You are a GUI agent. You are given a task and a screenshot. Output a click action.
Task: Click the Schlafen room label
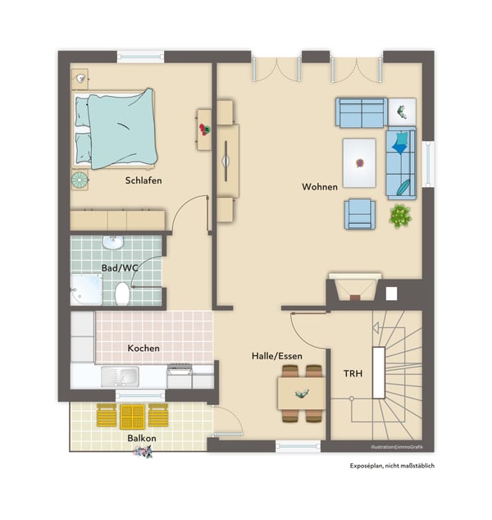coord(143,180)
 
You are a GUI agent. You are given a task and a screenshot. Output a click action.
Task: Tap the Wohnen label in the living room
coord(320,187)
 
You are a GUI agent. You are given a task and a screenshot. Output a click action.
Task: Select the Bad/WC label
coord(120,268)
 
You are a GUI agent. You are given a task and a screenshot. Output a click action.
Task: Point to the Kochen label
coord(143,349)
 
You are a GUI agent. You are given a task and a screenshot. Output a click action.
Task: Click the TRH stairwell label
coord(353,374)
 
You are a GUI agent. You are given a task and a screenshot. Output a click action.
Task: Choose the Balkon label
coord(142,438)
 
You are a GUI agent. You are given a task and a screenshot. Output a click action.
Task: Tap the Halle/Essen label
coord(277,356)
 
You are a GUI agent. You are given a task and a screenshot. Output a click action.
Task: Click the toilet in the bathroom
coord(122,294)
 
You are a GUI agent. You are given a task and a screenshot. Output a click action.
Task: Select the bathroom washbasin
coord(113,242)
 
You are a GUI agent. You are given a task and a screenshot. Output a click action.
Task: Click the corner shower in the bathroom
coord(87,290)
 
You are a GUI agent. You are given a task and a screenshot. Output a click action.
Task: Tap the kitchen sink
coord(120,376)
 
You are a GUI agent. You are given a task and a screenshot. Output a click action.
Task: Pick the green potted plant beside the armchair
coord(400,216)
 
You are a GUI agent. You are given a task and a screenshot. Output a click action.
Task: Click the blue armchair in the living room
coord(360,214)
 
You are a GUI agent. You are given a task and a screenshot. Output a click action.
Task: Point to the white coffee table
coord(359,163)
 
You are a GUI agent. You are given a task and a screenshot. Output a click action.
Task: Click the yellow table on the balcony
coord(133,417)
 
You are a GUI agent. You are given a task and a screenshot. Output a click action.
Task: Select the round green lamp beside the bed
coord(80,180)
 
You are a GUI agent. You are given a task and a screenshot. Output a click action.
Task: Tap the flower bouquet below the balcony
coord(143,452)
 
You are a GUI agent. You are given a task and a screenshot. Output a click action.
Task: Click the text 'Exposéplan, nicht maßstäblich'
coord(392,466)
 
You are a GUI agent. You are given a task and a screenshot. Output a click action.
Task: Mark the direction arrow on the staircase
coord(376,328)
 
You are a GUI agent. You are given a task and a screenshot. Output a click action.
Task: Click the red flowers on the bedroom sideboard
coord(204,130)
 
